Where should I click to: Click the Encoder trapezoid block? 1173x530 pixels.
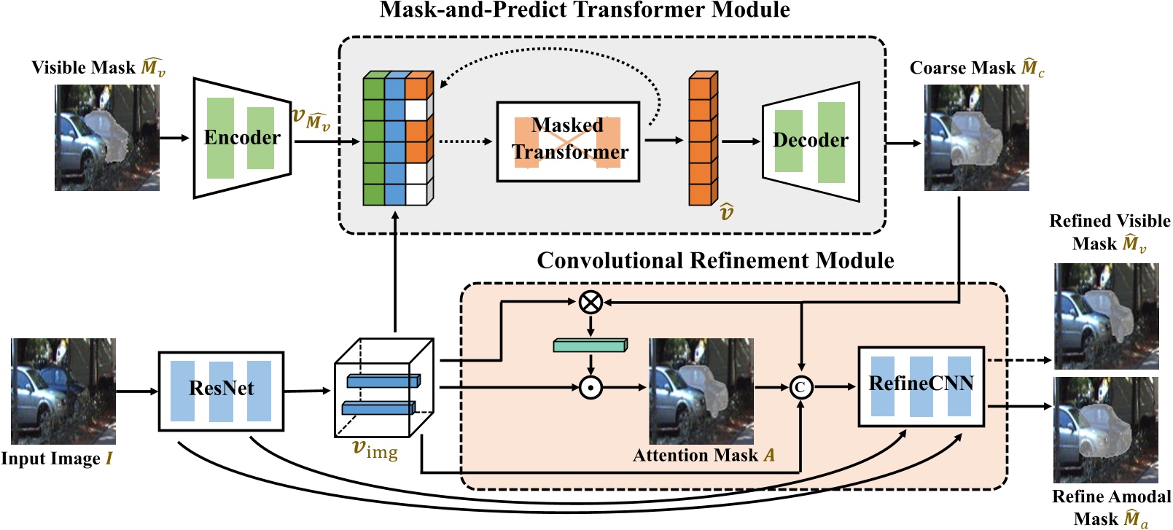pyautogui.click(x=242, y=138)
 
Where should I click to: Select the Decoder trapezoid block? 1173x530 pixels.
pyautogui.click(x=811, y=141)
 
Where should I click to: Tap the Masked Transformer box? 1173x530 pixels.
pyautogui.click(x=568, y=141)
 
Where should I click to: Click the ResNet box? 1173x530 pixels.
pyautogui.click(x=221, y=391)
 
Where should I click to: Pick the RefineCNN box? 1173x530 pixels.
pyautogui.click(x=921, y=386)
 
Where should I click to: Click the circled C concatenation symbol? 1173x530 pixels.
pyautogui.click(x=800, y=387)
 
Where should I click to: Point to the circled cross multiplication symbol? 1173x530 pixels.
pyautogui.click(x=591, y=301)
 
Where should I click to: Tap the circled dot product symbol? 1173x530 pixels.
pyautogui.click(x=591, y=387)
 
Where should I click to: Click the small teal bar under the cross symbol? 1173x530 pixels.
pyautogui.click(x=590, y=345)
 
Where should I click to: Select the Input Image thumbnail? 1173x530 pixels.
pyautogui.click(x=63, y=391)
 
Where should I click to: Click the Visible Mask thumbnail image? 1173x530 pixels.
pyautogui.click(x=107, y=138)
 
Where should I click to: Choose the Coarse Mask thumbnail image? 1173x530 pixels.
pyautogui.click(x=976, y=138)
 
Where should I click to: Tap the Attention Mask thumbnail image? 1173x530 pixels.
pyautogui.click(x=701, y=391)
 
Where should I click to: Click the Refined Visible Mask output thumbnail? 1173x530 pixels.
pyautogui.click(x=1106, y=316)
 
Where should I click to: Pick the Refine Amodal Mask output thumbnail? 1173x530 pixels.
pyautogui.click(x=1106, y=429)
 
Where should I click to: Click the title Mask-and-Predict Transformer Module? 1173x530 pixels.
pyautogui.click(x=585, y=10)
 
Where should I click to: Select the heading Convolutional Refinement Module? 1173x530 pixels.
pyautogui.click(x=715, y=260)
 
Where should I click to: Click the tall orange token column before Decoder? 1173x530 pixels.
pyautogui.click(x=702, y=139)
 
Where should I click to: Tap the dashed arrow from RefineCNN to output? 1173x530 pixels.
pyautogui.click(x=1018, y=360)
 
